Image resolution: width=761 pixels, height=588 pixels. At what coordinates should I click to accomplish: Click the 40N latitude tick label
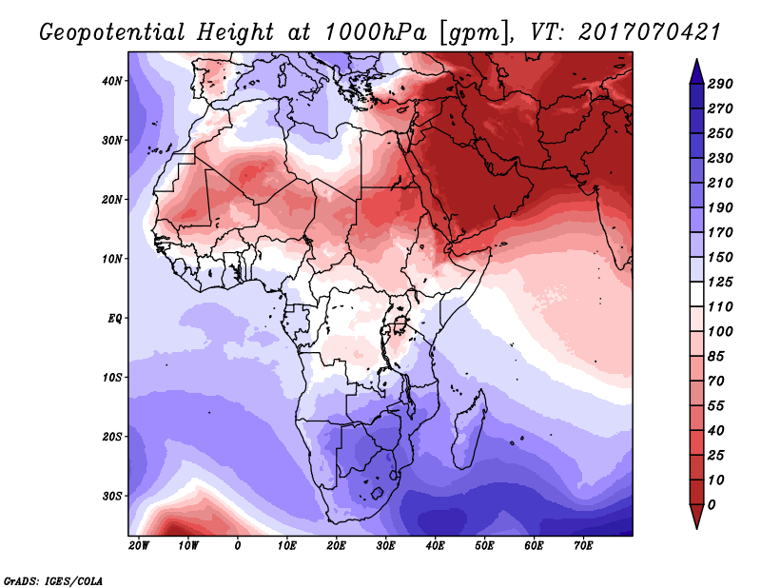click(112, 81)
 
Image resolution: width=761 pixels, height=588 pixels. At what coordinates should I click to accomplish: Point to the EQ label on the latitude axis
click(115, 319)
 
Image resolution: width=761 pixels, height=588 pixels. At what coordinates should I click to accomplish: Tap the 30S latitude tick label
click(112, 497)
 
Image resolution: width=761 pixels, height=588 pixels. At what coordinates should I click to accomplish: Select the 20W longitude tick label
click(139, 546)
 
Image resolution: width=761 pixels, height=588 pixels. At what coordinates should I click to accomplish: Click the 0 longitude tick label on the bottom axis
click(237, 546)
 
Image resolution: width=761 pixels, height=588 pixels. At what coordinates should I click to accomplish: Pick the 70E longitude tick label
click(583, 546)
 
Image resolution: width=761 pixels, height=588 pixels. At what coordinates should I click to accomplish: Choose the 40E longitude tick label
click(435, 546)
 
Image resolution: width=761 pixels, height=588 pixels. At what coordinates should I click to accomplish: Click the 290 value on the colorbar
click(720, 84)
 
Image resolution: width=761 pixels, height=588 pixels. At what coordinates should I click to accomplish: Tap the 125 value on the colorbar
click(720, 282)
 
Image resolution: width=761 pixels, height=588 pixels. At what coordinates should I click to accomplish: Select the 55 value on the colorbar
click(716, 406)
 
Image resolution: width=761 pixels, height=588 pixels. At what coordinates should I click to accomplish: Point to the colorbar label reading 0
click(712, 505)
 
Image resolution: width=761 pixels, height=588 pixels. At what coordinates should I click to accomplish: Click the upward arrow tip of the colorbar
click(696, 60)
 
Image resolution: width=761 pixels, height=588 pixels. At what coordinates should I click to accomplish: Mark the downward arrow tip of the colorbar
click(696, 528)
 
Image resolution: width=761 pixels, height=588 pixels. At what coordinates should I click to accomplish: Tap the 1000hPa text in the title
click(375, 32)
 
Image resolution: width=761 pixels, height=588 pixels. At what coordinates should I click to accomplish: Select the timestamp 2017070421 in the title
click(650, 32)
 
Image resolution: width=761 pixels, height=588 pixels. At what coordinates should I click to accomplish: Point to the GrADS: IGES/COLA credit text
click(53, 581)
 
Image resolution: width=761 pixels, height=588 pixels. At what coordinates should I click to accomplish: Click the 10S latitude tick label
click(112, 378)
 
